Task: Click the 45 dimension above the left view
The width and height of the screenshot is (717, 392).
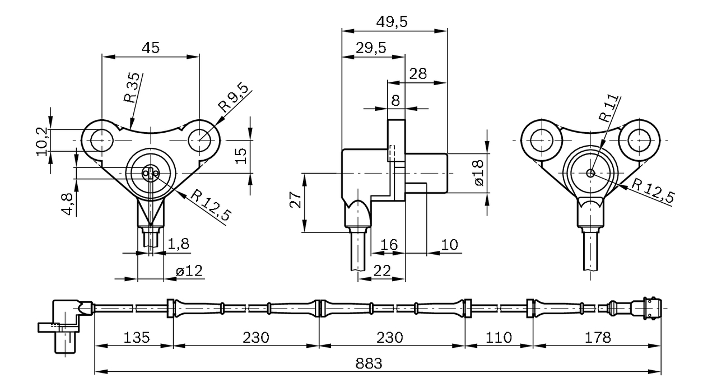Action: click(x=150, y=48)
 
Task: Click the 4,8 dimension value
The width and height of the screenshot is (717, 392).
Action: click(x=68, y=204)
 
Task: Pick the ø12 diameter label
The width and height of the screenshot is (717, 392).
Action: click(x=189, y=271)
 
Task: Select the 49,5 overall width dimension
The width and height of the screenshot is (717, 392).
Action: click(x=392, y=22)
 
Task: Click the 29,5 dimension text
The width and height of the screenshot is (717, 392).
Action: click(x=371, y=48)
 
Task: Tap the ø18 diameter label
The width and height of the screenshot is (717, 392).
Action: click(x=478, y=174)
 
